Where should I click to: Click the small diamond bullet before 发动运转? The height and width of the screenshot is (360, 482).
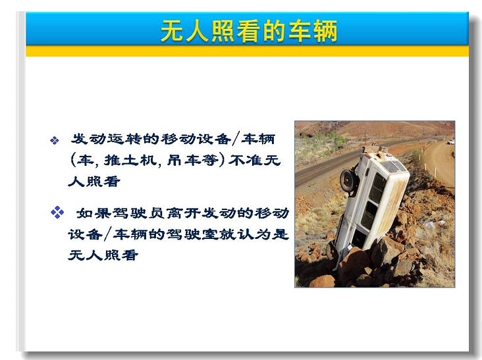pos(55,140)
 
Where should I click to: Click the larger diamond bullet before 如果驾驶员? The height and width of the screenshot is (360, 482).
pos(57,213)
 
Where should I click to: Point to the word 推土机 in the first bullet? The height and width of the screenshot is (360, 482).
pos(130,161)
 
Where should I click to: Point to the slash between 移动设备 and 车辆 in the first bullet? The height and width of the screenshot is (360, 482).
pos(236,139)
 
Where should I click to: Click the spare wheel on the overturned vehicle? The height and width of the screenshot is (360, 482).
pos(348,181)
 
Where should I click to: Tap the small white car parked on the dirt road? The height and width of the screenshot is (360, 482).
pos(451,141)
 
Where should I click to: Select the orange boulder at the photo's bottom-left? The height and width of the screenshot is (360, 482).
pos(323,281)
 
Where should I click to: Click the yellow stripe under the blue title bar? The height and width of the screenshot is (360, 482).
pos(247,51)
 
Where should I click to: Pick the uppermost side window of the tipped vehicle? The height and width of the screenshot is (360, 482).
pos(377,188)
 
